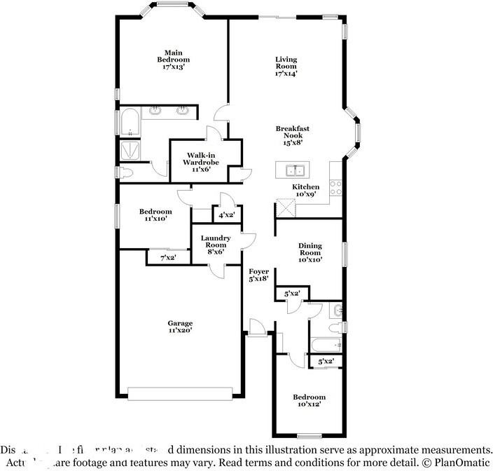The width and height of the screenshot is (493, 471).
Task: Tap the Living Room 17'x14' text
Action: coord(286,66)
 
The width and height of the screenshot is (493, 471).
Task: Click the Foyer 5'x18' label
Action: coord(259,274)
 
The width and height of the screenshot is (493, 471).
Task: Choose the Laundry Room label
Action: coord(215,245)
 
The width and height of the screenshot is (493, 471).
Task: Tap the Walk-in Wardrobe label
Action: coord(197,162)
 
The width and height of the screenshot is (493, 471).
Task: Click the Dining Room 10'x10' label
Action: coord(310,252)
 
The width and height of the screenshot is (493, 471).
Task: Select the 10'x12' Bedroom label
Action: coord(309,401)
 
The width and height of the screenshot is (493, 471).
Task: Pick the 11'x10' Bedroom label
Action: coord(155,215)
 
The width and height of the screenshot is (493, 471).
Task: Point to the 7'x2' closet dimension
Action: coord(168,258)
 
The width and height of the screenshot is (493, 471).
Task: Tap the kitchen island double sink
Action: coord(295,170)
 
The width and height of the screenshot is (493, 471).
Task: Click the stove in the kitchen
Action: coord(335,187)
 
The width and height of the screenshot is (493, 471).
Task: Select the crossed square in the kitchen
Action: coord(285,208)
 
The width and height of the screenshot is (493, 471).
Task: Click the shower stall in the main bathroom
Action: coord(129,149)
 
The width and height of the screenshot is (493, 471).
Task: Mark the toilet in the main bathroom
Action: coord(126,173)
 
